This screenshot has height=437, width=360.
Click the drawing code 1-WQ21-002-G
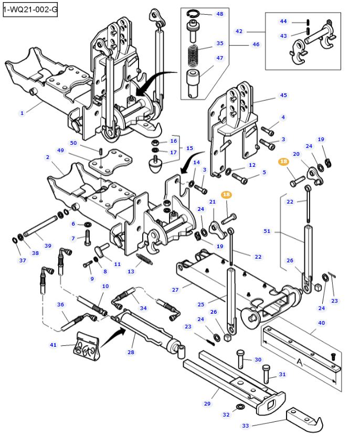(29, 9)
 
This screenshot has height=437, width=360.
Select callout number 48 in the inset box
(219, 14)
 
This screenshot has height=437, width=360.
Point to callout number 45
(283, 95)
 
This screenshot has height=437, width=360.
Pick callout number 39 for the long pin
(48, 246)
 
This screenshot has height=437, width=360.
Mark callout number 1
(22, 113)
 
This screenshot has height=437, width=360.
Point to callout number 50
(73, 143)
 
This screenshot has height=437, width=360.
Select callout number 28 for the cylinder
(131, 352)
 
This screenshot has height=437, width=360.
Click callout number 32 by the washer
(226, 414)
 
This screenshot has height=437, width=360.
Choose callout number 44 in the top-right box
(283, 22)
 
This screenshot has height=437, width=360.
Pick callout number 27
(175, 289)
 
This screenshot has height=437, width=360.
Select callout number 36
(60, 304)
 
